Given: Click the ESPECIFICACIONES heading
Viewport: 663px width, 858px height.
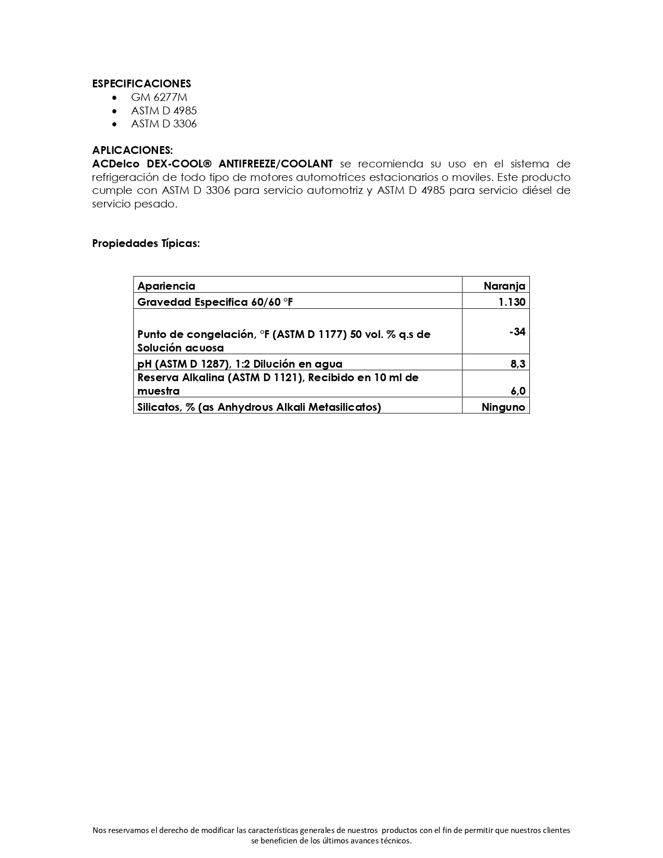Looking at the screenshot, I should click(141, 84).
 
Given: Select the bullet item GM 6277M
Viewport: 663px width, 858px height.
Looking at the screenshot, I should click(159, 97).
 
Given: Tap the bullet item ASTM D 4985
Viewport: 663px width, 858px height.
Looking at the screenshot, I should click(164, 111).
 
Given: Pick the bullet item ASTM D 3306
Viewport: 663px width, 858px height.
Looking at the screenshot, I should click(164, 124).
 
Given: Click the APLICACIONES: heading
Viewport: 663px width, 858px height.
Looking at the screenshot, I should click(132, 150).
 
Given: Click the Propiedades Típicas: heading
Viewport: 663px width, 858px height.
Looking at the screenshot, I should click(146, 243).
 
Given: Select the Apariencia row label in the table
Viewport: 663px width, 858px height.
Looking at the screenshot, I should click(166, 286).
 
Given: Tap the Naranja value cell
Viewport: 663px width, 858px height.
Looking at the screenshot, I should click(504, 286).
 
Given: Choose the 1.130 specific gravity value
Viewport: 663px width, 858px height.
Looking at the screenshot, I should click(512, 302).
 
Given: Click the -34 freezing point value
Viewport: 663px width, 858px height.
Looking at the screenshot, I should click(517, 332).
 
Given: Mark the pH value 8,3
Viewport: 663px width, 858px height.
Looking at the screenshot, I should click(517, 364).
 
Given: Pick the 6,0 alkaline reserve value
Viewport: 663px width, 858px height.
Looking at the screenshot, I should click(517, 391).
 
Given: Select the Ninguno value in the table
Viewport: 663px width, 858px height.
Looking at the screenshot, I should click(503, 407).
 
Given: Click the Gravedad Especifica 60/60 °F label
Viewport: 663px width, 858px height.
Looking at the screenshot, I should click(215, 302).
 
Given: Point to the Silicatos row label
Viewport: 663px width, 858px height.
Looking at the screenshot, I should click(259, 407).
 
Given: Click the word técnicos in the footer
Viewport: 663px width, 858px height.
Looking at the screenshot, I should click(396, 841).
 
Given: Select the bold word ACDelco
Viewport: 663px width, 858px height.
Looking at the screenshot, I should click(115, 164).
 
